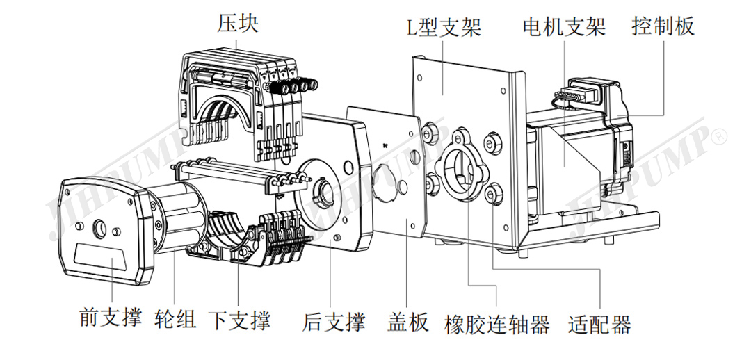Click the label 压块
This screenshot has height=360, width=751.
click(238, 24)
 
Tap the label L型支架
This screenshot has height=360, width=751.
click(444, 27)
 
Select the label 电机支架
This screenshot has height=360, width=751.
click(564, 27)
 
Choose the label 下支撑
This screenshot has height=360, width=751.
click(239, 320)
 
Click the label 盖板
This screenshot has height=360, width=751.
click(407, 322)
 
